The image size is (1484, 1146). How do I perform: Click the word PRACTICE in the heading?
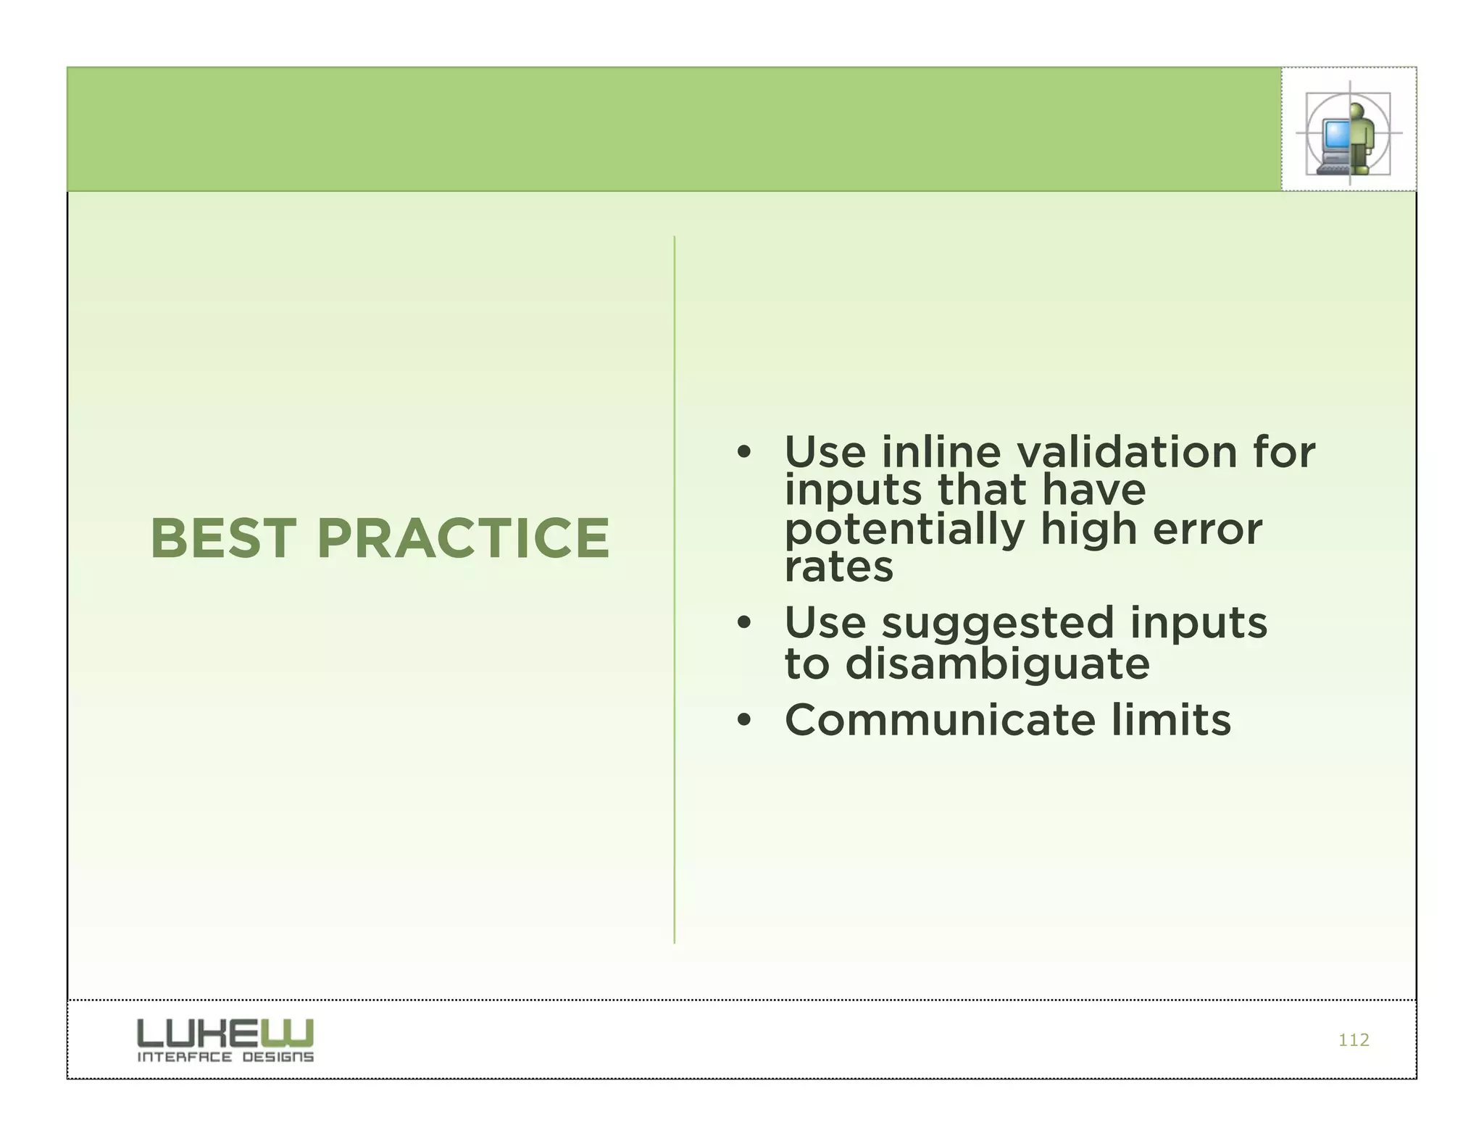click(463, 538)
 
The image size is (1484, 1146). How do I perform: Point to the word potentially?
click(904, 530)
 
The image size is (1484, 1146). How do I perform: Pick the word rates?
click(839, 566)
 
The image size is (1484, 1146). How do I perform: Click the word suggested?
click(997, 623)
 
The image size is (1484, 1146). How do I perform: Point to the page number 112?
click(1353, 1040)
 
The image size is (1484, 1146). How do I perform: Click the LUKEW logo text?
click(225, 1032)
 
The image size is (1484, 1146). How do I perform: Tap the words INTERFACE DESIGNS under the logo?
click(225, 1057)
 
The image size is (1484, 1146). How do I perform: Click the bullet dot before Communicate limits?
click(743, 721)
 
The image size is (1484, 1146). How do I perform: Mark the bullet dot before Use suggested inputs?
click(743, 624)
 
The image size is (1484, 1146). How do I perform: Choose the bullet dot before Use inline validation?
click(743, 453)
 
